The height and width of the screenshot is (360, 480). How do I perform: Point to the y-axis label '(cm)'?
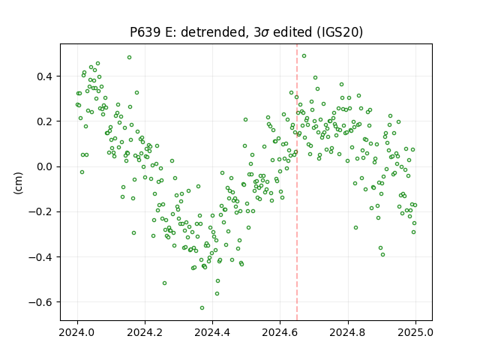click(x=18, y=183)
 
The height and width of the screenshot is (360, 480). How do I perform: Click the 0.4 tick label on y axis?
click(x=45, y=76)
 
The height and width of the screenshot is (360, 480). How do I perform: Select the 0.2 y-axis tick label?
click(x=45, y=121)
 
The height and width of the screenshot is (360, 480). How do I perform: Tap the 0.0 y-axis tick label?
click(x=45, y=166)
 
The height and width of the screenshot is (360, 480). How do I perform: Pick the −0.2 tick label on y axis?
click(x=40, y=211)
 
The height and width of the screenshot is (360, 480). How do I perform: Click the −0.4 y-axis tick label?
click(x=40, y=257)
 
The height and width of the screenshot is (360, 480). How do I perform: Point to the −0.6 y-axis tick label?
click(x=40, y=302)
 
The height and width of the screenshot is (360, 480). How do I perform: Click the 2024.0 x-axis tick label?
click(x=77, y=332)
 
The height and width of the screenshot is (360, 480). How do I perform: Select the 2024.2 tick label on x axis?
click(x=145, y=332)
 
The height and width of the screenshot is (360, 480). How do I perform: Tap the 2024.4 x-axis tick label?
click(x=212, y=332)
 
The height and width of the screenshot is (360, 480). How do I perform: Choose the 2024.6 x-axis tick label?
click(x=280, y=332)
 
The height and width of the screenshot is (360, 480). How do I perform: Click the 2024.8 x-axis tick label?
click(x=348, y=332)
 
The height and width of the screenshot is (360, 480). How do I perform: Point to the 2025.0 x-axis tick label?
click(x=415, y=332)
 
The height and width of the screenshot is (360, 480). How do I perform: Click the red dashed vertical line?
click(x=297, y=182)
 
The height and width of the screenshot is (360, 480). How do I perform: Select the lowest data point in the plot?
click(x=202, y=307)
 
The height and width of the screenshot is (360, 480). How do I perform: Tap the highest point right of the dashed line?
click(x=304, y=55)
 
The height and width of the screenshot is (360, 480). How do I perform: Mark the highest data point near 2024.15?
click(x=130, y=57)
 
